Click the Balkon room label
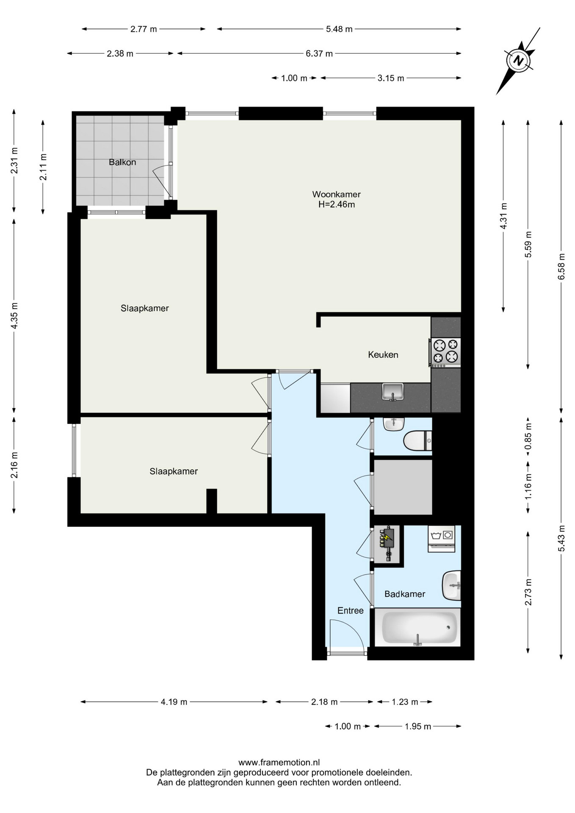point(122,162)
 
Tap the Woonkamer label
point(336,194)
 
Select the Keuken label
point(383,355)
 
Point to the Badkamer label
point(405,594)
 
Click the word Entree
point(351,611)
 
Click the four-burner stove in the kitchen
point(445,352)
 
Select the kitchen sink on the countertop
point(393,392)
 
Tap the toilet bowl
point(417,441)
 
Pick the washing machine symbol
point(442,539)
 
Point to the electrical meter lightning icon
point(387,538)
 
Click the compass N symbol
point(518,61)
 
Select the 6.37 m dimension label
point(319,54)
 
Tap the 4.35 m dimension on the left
point(14,315)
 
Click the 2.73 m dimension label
point(528,592)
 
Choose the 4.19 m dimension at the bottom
point(174,702)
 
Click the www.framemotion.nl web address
point(279,763)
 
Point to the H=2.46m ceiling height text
point(337,205)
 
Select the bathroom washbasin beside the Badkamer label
point(451,586)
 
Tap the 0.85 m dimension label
point(528,437)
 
